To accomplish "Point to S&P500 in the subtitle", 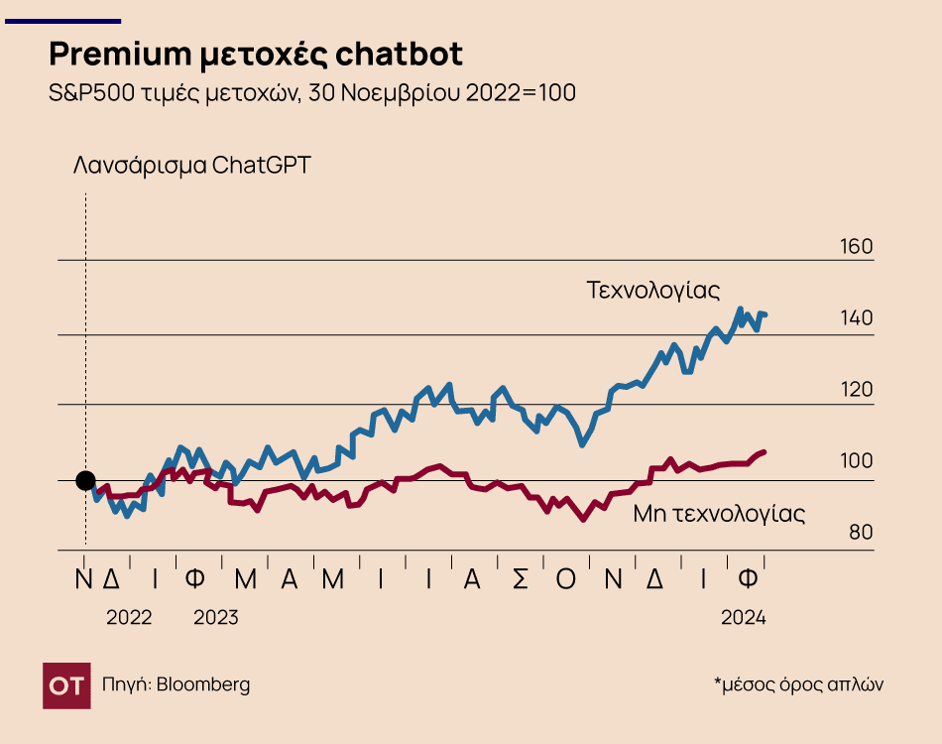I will pyautogui.click(x=83, y=93).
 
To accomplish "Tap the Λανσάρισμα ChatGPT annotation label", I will pyautogui.click(x=191, y=165).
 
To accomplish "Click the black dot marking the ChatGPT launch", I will pyautogui.click(x=86, y=481).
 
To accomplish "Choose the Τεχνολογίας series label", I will pyautogui.click(x=652, y=291).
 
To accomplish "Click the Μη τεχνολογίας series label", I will pyautogui.click(x=719, y=514).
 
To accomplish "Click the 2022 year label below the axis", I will pyautogui.click(x=129, y=617).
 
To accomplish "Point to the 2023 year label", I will pyautogui.click(x=215, y=617).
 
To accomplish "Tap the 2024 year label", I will pyautogui.click(x=744, y=617).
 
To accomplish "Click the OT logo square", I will pyautogui.click(x=66, y=685).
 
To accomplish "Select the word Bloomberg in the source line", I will pyautogui.click(x=203, y=684).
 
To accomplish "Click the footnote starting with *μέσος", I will pyautogui.click(x=798, y=683).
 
